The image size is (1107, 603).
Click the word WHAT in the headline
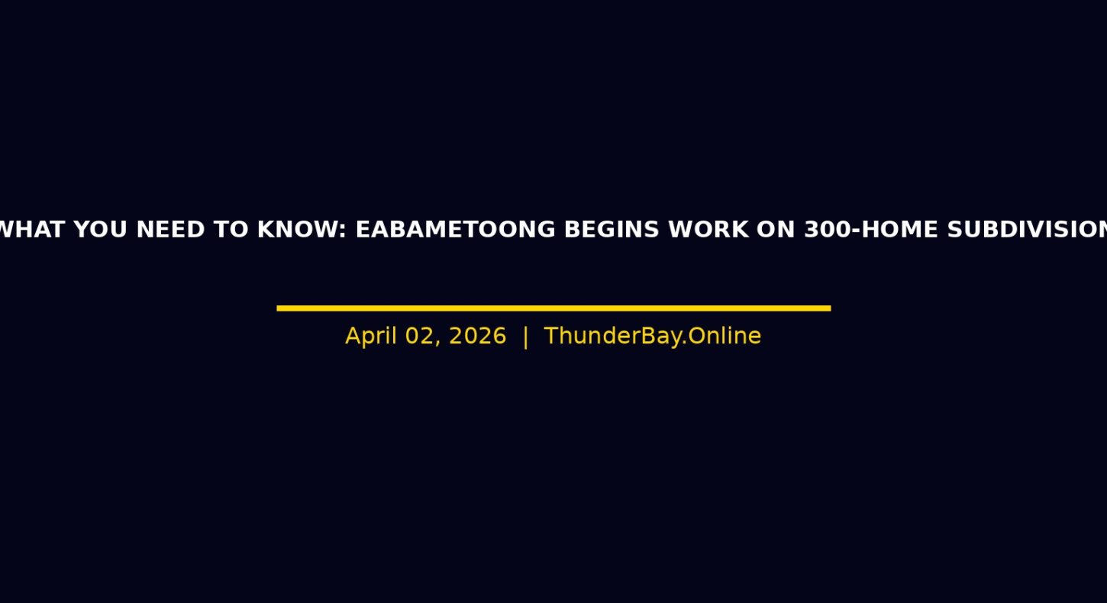pos(32,230)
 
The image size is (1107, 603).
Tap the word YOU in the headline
pos(101,230)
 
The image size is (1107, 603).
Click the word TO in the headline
pos(231,230)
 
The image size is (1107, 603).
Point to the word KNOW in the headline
pos(298,230)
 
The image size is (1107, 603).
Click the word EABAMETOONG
pos(456,230)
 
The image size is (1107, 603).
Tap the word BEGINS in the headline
pos(612,230)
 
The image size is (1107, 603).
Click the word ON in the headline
pos(776,230)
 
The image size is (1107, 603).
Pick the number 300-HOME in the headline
pos(871,230)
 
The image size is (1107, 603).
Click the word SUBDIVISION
pos(1027,230)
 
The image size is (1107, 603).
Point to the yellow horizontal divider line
pos(553,308)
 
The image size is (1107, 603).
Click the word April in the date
pos(371,337)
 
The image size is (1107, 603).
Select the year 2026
pos(477,336)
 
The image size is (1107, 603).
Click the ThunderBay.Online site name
pos(652,336)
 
